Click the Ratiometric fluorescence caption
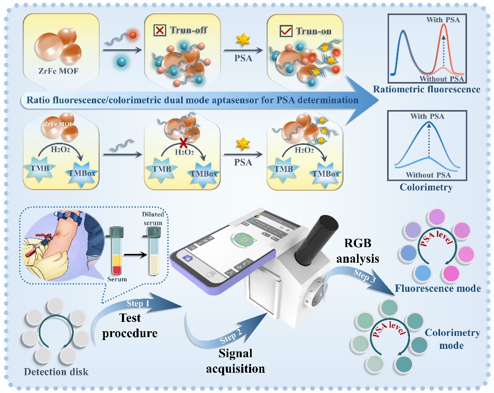click(426, 90)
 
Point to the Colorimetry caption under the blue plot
click(426, 187)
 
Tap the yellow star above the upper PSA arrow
click(241, 40)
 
